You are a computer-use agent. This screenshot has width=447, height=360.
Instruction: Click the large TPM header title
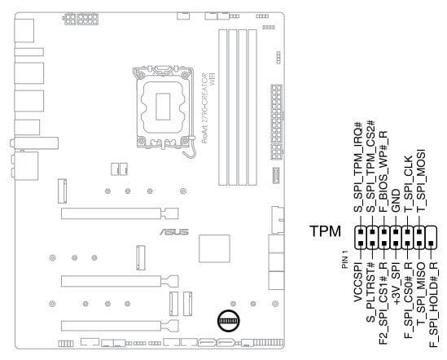coord(325,231)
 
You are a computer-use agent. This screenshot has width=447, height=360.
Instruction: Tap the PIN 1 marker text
coord(345,259)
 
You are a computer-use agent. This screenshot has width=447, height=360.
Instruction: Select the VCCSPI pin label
coord(357,282)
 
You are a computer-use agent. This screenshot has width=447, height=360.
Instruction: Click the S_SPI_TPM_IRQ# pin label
coord(357,167)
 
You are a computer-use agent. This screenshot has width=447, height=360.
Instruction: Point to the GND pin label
coord(396,200)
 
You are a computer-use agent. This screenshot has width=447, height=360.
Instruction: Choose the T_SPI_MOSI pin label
coord(421,181)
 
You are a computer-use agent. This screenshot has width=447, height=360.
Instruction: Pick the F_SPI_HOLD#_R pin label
coord(433,305)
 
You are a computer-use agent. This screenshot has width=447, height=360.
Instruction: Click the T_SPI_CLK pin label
coord(409,184)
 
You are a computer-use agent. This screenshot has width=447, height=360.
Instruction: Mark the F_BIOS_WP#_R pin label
coord(383,172)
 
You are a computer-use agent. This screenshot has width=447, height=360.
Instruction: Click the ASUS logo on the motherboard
coord(174,232)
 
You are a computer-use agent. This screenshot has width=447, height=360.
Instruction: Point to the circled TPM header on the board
coord(228,321)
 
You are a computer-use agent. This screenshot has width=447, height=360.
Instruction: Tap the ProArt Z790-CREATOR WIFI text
coord(208,108)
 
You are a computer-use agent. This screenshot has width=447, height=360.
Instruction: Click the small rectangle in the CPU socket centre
coord(163,107)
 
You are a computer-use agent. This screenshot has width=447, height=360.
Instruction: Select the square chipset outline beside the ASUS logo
coord(214,248)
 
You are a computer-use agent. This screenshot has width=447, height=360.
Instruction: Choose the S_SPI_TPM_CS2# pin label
coord(370,166)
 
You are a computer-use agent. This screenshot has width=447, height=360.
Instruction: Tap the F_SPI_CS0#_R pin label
coord(409,301)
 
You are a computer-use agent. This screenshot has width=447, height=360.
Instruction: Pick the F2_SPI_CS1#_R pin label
coord(383,303)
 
